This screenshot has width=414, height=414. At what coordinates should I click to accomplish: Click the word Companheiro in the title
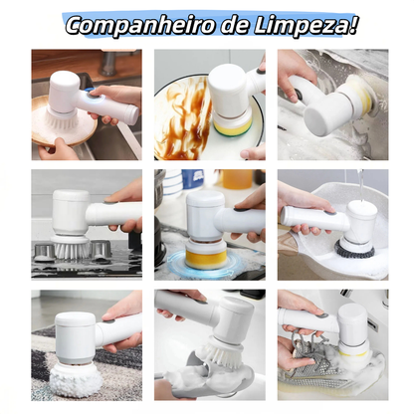point(127,24)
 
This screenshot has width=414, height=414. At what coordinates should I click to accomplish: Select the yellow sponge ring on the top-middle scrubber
point(232,127)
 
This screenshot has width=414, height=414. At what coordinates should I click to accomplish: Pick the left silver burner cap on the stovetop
point(45,253)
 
